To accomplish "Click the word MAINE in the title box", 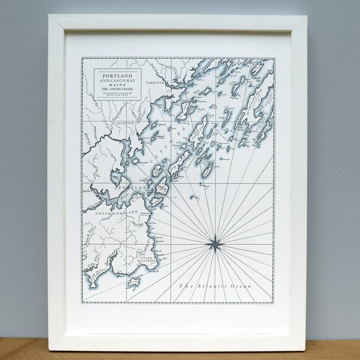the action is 117,85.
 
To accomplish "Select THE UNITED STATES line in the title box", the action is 117,89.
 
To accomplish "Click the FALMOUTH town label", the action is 126,122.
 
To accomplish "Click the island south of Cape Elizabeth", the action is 134,282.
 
